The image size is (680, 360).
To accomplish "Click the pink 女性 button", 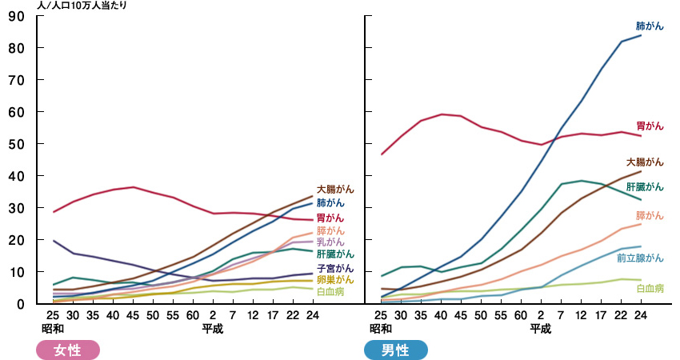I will (x=68, y=350).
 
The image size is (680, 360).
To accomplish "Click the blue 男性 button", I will (x=395, y=350).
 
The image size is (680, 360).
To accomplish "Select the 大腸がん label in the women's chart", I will (x=335, y=190).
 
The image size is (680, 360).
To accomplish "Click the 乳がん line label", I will (x=330, y=242).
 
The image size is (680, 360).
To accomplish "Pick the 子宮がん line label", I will (x=335, y=268).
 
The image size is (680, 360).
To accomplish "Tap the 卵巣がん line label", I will (x=335, y=280).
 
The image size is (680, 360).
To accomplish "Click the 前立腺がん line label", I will (x=640, y=258).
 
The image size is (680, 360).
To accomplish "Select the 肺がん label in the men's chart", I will (x=650, y=26).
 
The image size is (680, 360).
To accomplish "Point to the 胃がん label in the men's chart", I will (x=650, y=126).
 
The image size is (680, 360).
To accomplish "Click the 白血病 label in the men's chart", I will (x=650, y=288).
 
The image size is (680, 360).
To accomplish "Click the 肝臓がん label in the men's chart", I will (x=645, y=187).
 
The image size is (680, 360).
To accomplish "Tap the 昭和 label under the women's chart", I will (x=53, y=329).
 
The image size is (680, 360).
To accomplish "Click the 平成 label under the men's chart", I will (x=541, y=329).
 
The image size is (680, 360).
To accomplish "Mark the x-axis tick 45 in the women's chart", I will (x=133, y=316).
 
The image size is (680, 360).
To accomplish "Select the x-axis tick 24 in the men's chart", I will (x=640, y=316).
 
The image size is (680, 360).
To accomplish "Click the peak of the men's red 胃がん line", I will (x=442, y=114).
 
